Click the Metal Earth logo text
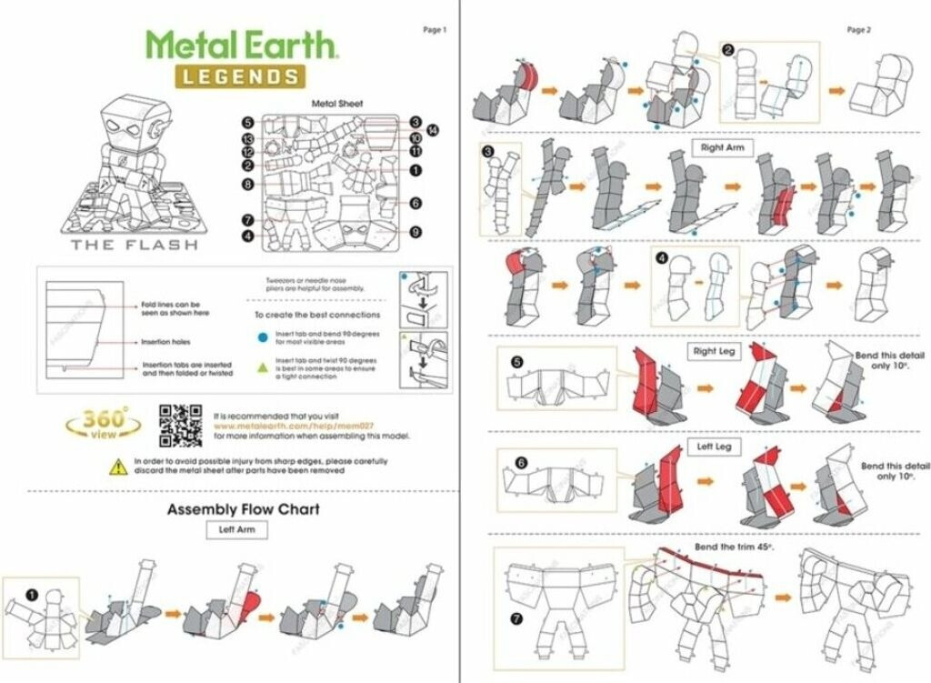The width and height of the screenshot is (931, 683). click(x=243, y=44)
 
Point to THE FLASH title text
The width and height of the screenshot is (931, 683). click(x=134, y=245)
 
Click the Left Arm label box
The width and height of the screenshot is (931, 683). click(x=236, y=529)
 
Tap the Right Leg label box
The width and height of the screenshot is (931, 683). click(x=718, y=351)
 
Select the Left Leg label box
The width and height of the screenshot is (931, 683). click(x=716, y=447)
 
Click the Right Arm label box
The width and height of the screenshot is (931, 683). click(x=724, y=146)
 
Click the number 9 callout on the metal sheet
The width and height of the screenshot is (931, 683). click(x=415, y=232)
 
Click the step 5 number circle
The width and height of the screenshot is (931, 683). click(x=516, y=362)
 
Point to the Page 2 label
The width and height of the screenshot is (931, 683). click(x=858, y=30)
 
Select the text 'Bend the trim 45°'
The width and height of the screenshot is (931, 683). click(x=733, y=547)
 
